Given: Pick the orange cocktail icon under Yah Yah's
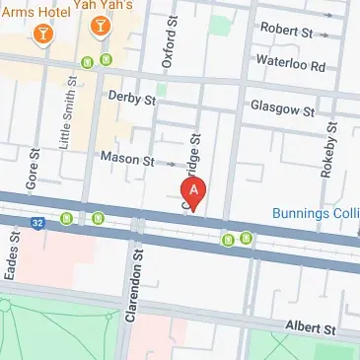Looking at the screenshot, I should point(101,30).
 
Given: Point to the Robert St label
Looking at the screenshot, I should point(285,32).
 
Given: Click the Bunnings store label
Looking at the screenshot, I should point(316,212).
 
